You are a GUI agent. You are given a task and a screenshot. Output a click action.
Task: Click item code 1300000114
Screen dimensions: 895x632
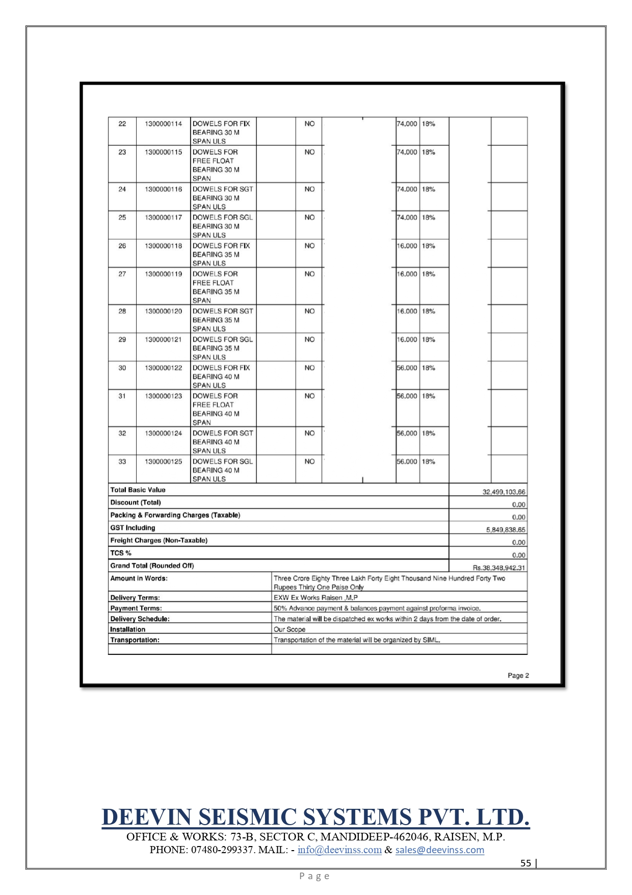[163, 124]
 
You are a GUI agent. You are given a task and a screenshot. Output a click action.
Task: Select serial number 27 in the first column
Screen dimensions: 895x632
[122, 274]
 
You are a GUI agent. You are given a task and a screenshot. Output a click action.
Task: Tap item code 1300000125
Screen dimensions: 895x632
[163, 462]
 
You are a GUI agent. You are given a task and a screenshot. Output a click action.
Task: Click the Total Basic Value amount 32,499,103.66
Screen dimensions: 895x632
[504, 492]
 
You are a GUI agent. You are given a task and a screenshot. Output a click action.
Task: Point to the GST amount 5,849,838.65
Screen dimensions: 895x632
[506, 530]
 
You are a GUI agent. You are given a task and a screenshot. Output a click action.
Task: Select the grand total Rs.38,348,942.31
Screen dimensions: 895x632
[498, 568]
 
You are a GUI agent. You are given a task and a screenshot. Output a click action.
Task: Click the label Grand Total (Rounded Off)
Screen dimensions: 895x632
[152, 566]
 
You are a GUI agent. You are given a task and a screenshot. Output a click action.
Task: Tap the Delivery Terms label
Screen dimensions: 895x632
[135, 598]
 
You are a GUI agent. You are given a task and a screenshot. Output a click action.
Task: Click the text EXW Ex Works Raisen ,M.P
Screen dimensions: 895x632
[315, 598]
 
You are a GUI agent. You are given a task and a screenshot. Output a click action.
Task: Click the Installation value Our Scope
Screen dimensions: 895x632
[289, 630]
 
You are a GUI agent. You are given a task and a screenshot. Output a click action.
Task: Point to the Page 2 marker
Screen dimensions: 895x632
[518, 676]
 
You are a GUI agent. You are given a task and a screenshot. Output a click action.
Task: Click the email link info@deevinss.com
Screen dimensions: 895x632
[339, 850]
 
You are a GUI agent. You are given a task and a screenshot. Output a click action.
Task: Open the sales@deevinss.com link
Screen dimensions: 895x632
[439, 850]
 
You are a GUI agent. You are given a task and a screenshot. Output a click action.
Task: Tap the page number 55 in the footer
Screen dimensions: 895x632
[525, 863]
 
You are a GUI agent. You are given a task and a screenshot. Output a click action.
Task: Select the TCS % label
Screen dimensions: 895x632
[121, 553]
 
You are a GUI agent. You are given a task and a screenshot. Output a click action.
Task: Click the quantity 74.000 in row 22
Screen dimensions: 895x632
[407, 124]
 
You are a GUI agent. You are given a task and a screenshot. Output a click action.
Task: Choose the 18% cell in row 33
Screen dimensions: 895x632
[428, 462]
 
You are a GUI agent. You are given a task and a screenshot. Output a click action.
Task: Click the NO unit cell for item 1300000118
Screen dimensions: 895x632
[309, 246]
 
